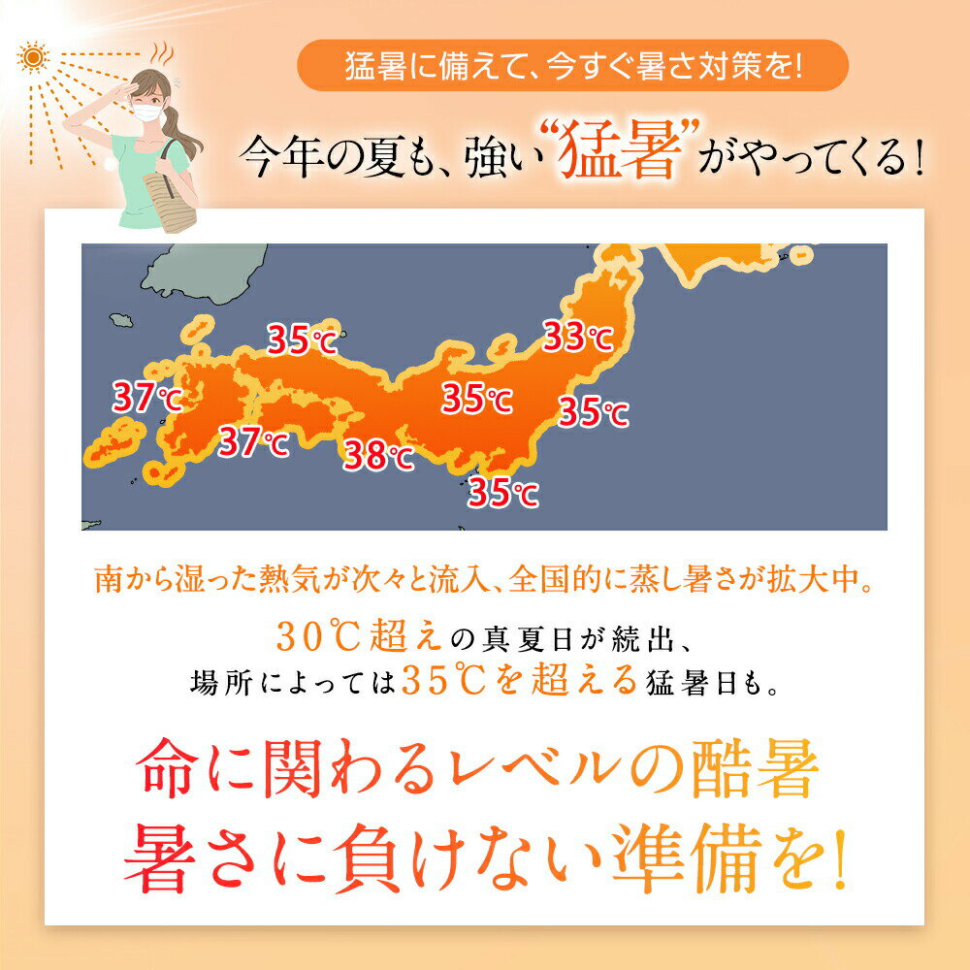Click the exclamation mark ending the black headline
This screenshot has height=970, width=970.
tap(918, 155)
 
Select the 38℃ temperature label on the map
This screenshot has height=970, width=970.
tap(378, 454)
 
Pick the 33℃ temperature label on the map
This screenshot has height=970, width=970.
tap(577, 337)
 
